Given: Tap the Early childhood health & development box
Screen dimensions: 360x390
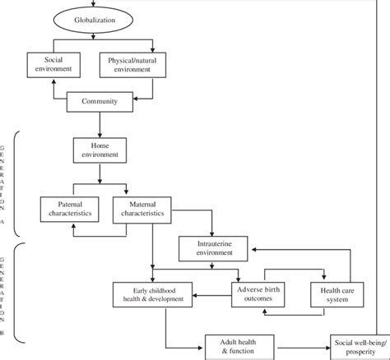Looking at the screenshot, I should (x=155, y=293).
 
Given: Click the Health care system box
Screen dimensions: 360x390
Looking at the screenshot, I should (x=337, y=293).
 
